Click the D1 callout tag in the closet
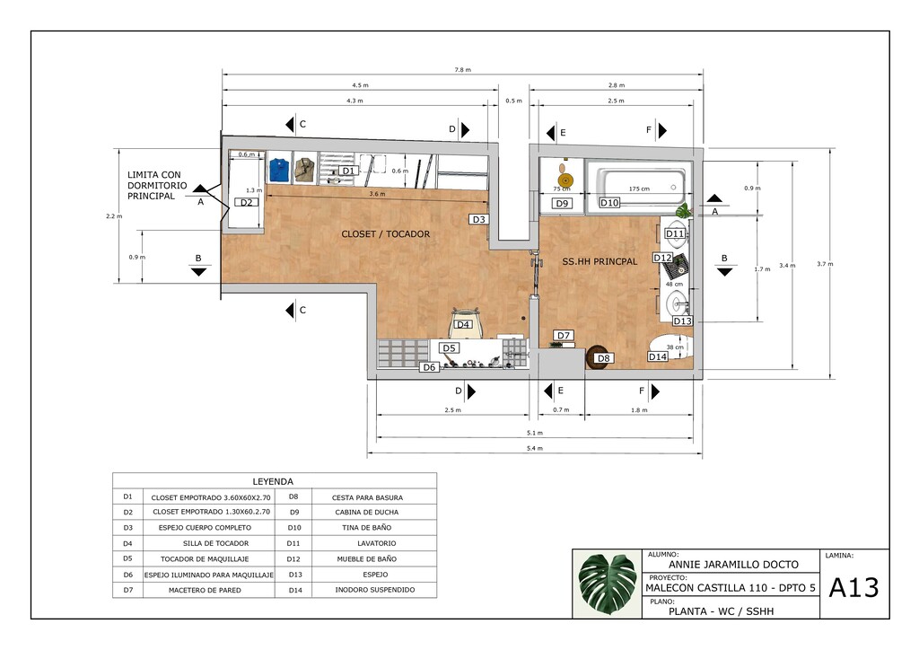[x=349, y=171]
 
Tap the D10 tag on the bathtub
[x=609, y=203]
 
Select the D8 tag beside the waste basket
[x=604, y=359]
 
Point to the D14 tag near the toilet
[x=658, y=356]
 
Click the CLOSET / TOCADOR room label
[x=385, y=234]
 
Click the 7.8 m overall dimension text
[x=462, y=70]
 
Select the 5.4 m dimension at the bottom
[x=534, y=448]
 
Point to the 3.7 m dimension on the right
[x=824, y=264]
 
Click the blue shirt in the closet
[x=278, y=168]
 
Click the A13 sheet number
[x=853, y=588]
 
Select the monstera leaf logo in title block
[x=607, y=584]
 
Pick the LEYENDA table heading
[x=273, y=481]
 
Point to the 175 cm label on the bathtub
[x=639, y=189]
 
